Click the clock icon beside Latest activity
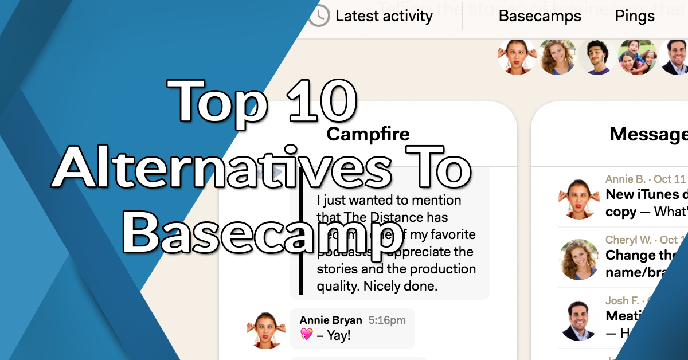pyautogui.click(x=319, y=16)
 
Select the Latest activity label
pyautogui.click(x=384, y=16)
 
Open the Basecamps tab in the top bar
pyautogui.click(x=540, y=16)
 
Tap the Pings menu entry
pyautogui.click(x=635, y=16)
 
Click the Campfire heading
pyautogui.click(x=368, y=135)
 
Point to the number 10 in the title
pyautogui.click(x=319, y=101)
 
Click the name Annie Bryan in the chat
pyautogui.click(x=331, y=320)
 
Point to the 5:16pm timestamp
pyautogui.click(x=386, y=320)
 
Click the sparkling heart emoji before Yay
pyautogui.click(x=306, y=335)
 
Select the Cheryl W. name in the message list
pyautogui.click(x=628, y=240)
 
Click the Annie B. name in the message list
pyautogui.click(x=625, y=179)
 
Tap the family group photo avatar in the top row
pyautogui.click(x=637, y=56)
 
